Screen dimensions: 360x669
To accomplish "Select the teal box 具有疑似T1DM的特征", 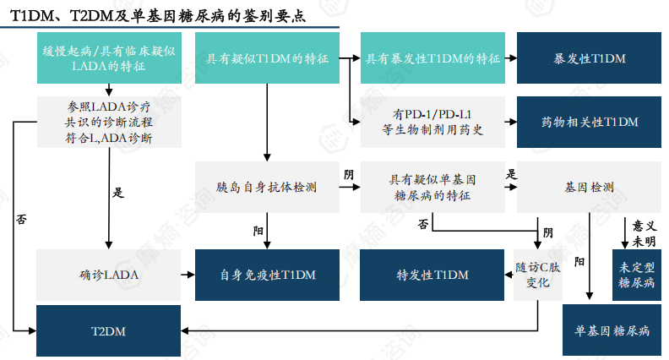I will [x=266, y=59].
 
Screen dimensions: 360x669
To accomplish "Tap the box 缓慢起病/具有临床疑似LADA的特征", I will [x=109, y=58].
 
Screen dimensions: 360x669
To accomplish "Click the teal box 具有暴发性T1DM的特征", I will [x=432, y=59].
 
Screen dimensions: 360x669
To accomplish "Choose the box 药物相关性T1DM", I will [x=590, y=122].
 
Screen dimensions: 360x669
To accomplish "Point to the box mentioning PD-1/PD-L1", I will [x=432, y=122].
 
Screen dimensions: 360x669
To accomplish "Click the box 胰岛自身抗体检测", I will [x=266, y=186].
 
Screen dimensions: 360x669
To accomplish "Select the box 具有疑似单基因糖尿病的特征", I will [x=432, y=187].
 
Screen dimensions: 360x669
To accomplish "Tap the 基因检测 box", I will [x=590, y=186].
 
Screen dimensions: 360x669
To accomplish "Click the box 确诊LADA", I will [x=109, y=275].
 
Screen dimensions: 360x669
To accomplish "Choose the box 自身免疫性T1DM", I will [x=266, y=275].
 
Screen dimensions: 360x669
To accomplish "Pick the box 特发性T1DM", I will [x=432, y=275].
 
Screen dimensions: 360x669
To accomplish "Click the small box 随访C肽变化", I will [x=538, y=275].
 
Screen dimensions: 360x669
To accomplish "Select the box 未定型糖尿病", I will [x=636, y=275].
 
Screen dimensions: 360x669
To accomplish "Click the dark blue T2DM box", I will [x=109, y=330].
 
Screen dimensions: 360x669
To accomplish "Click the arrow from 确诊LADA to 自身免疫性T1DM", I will [x=188, y=275].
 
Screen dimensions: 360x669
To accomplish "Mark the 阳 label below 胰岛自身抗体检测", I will [x=258, y=230].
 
